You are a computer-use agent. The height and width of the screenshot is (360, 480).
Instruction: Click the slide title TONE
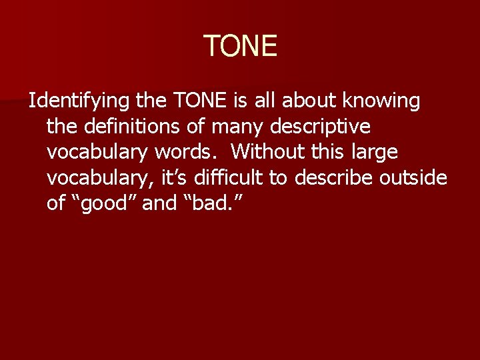[x=240, y=46]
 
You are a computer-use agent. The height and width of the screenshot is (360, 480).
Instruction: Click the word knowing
[x=381, y=101]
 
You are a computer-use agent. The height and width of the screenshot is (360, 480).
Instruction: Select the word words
[x=191, y=152]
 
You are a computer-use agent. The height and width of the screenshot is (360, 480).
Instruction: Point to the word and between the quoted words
[x=159, y=203]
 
